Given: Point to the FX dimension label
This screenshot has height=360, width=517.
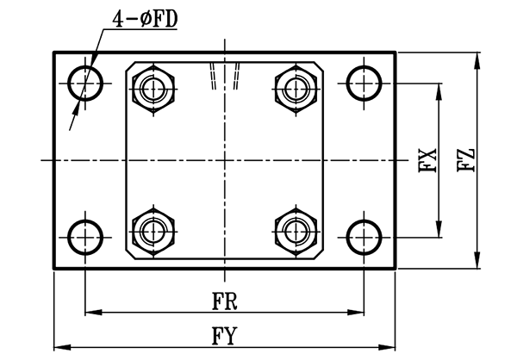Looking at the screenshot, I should (x=429, y=161).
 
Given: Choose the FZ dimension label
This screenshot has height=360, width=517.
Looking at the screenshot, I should (x=466, y=161).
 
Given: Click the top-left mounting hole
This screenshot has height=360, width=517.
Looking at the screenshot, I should (x=85, y=84).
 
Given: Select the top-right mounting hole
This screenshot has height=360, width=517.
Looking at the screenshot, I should (x=364, y=84).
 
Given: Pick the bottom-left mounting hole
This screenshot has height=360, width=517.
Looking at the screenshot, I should (x=85, y=236).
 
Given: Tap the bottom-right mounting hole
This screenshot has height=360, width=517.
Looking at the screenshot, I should (x=364, y=236).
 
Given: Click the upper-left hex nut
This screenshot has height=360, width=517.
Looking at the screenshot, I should (x=155, y=86).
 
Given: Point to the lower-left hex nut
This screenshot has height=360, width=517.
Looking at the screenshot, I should (x=155, y=230).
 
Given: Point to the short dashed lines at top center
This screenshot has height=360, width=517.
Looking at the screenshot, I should (x=228, y=78).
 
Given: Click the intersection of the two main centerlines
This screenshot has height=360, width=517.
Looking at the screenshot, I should (x=225, y=161).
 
